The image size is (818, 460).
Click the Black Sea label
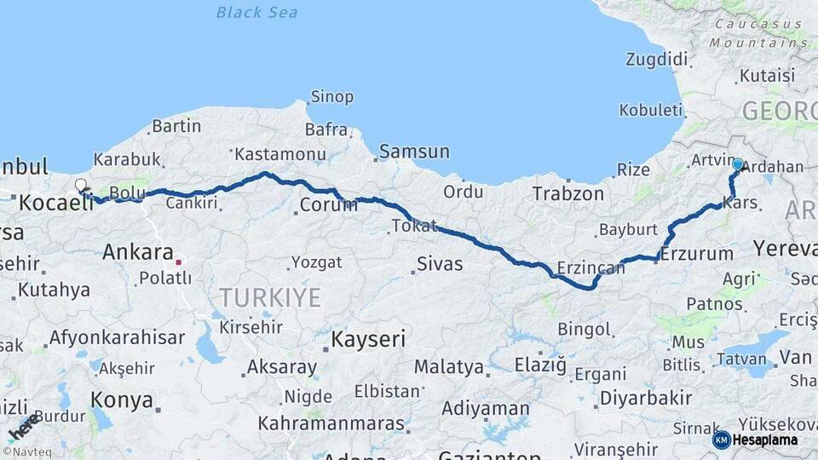click(x=256, y=12)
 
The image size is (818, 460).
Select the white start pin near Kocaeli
click(x=80, y=186)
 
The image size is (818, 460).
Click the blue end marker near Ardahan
click(x=737, y=165)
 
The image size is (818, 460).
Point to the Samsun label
click(x=414, y=152)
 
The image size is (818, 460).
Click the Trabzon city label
click(x=567, y=194)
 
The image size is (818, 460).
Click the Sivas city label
click(x=440, y=264)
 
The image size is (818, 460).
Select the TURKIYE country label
click(x=270, y=297)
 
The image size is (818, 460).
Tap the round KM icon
click(x=722, y=440)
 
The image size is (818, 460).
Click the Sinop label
click(x=331, y=97)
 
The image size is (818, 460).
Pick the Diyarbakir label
click(x=645, y=398)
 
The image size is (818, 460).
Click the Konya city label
click(x=122, y=400)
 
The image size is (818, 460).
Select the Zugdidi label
click(x=656, y=60)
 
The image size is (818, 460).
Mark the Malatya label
click(x=448, y=367)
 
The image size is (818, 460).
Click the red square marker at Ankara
click(x=179, y=252)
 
